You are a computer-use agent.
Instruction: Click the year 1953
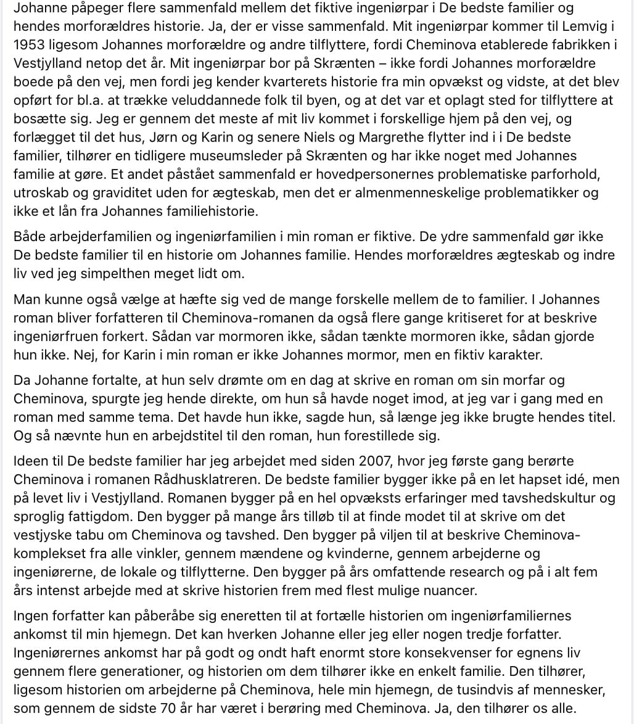click(x=28, y=44)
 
